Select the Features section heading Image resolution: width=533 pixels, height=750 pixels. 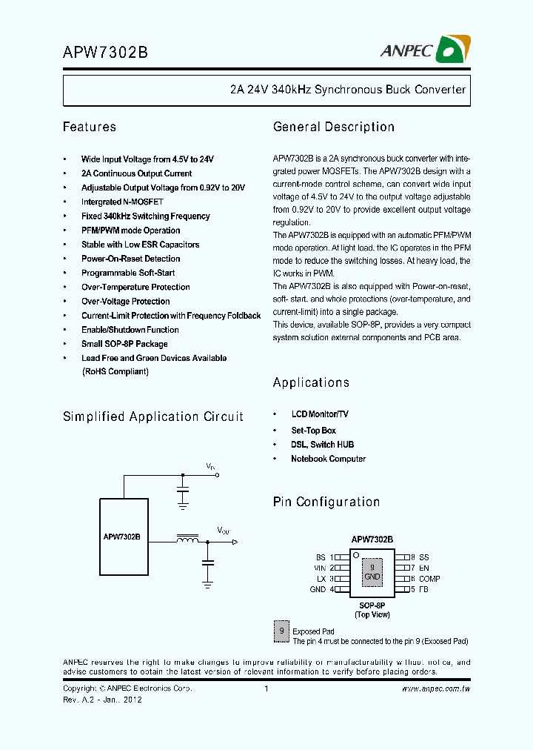[90, 127]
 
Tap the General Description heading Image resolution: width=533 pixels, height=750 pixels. [334, 127]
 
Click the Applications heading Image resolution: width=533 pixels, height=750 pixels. [311, 382]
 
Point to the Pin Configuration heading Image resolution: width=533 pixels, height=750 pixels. [326, 502]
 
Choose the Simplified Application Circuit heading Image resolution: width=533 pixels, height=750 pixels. [153, 417]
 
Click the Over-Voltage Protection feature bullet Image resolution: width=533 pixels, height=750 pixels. [125, 302]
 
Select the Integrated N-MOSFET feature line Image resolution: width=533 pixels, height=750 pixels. [122, 202]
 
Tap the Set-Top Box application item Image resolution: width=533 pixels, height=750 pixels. [313, 431]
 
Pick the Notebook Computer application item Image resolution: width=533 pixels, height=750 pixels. [328, 459]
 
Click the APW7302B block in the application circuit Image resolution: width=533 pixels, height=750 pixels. [122, 537]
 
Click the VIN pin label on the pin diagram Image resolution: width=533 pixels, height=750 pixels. [320, 568]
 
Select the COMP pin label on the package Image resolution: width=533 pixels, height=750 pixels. [429, 579]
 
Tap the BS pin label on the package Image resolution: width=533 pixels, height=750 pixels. [321, 557]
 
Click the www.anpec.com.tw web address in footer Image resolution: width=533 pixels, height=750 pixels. [436, 689]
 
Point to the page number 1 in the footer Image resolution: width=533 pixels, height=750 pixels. [266, 689]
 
